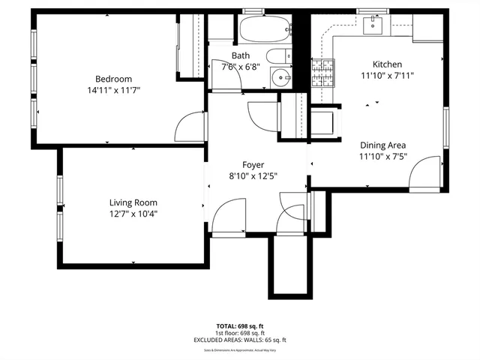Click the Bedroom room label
113,79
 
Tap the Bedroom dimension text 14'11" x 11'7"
113,90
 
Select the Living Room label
133,202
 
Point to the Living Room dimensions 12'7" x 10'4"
133,214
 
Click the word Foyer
253,165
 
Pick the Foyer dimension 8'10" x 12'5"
253,176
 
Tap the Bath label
241,55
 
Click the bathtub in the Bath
265,30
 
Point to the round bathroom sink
281,77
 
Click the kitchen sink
373,25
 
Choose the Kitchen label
388,64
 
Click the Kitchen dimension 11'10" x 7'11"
388,75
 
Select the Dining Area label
383,145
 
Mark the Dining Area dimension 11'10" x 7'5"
383,157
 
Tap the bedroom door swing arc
190,127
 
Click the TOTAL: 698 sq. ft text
240,326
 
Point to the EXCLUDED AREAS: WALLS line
240,340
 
